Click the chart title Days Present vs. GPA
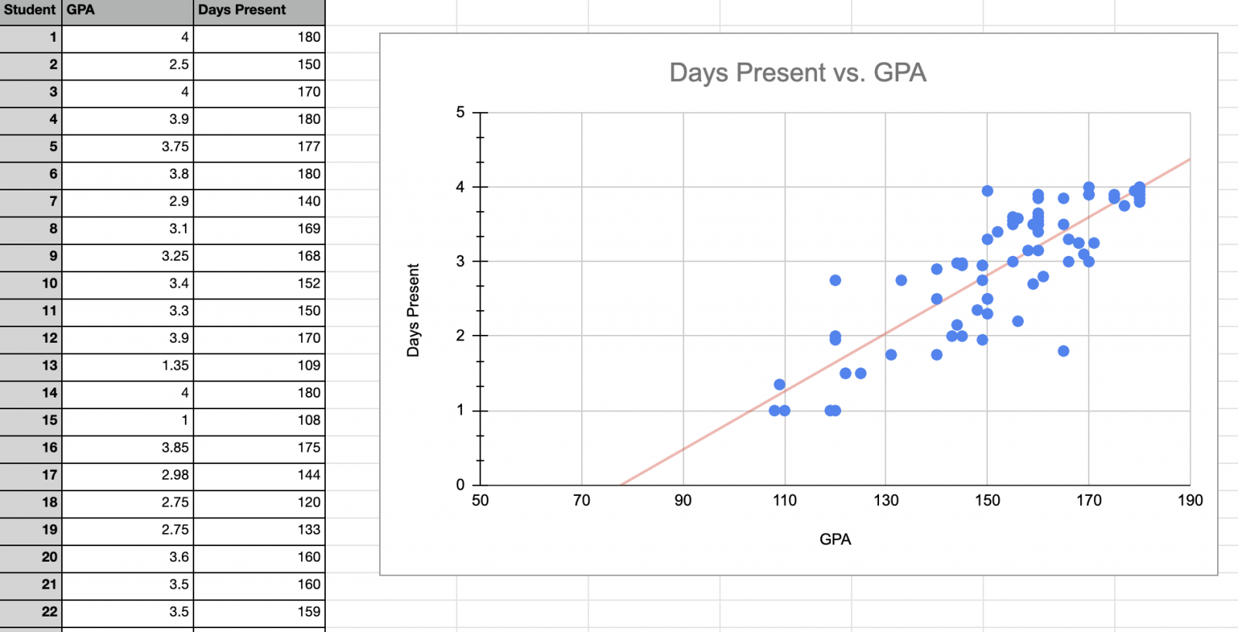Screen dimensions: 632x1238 click(798, 73)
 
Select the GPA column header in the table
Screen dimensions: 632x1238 click(80, 10)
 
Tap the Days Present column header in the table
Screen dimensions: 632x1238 click(241, 10)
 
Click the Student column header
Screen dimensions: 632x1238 click(29, 10)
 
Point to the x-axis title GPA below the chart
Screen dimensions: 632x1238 click(835, 539)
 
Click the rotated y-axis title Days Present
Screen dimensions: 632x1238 click(413, 310)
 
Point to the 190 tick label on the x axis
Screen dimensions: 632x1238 click(1190, 500)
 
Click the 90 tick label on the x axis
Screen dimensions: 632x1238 click(682, 500)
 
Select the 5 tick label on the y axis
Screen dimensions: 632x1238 click(460, 112)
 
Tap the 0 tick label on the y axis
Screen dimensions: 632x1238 click(460, 485)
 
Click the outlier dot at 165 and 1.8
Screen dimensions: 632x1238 click(1063, 351)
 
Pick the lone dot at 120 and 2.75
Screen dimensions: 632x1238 click(835, 280)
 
